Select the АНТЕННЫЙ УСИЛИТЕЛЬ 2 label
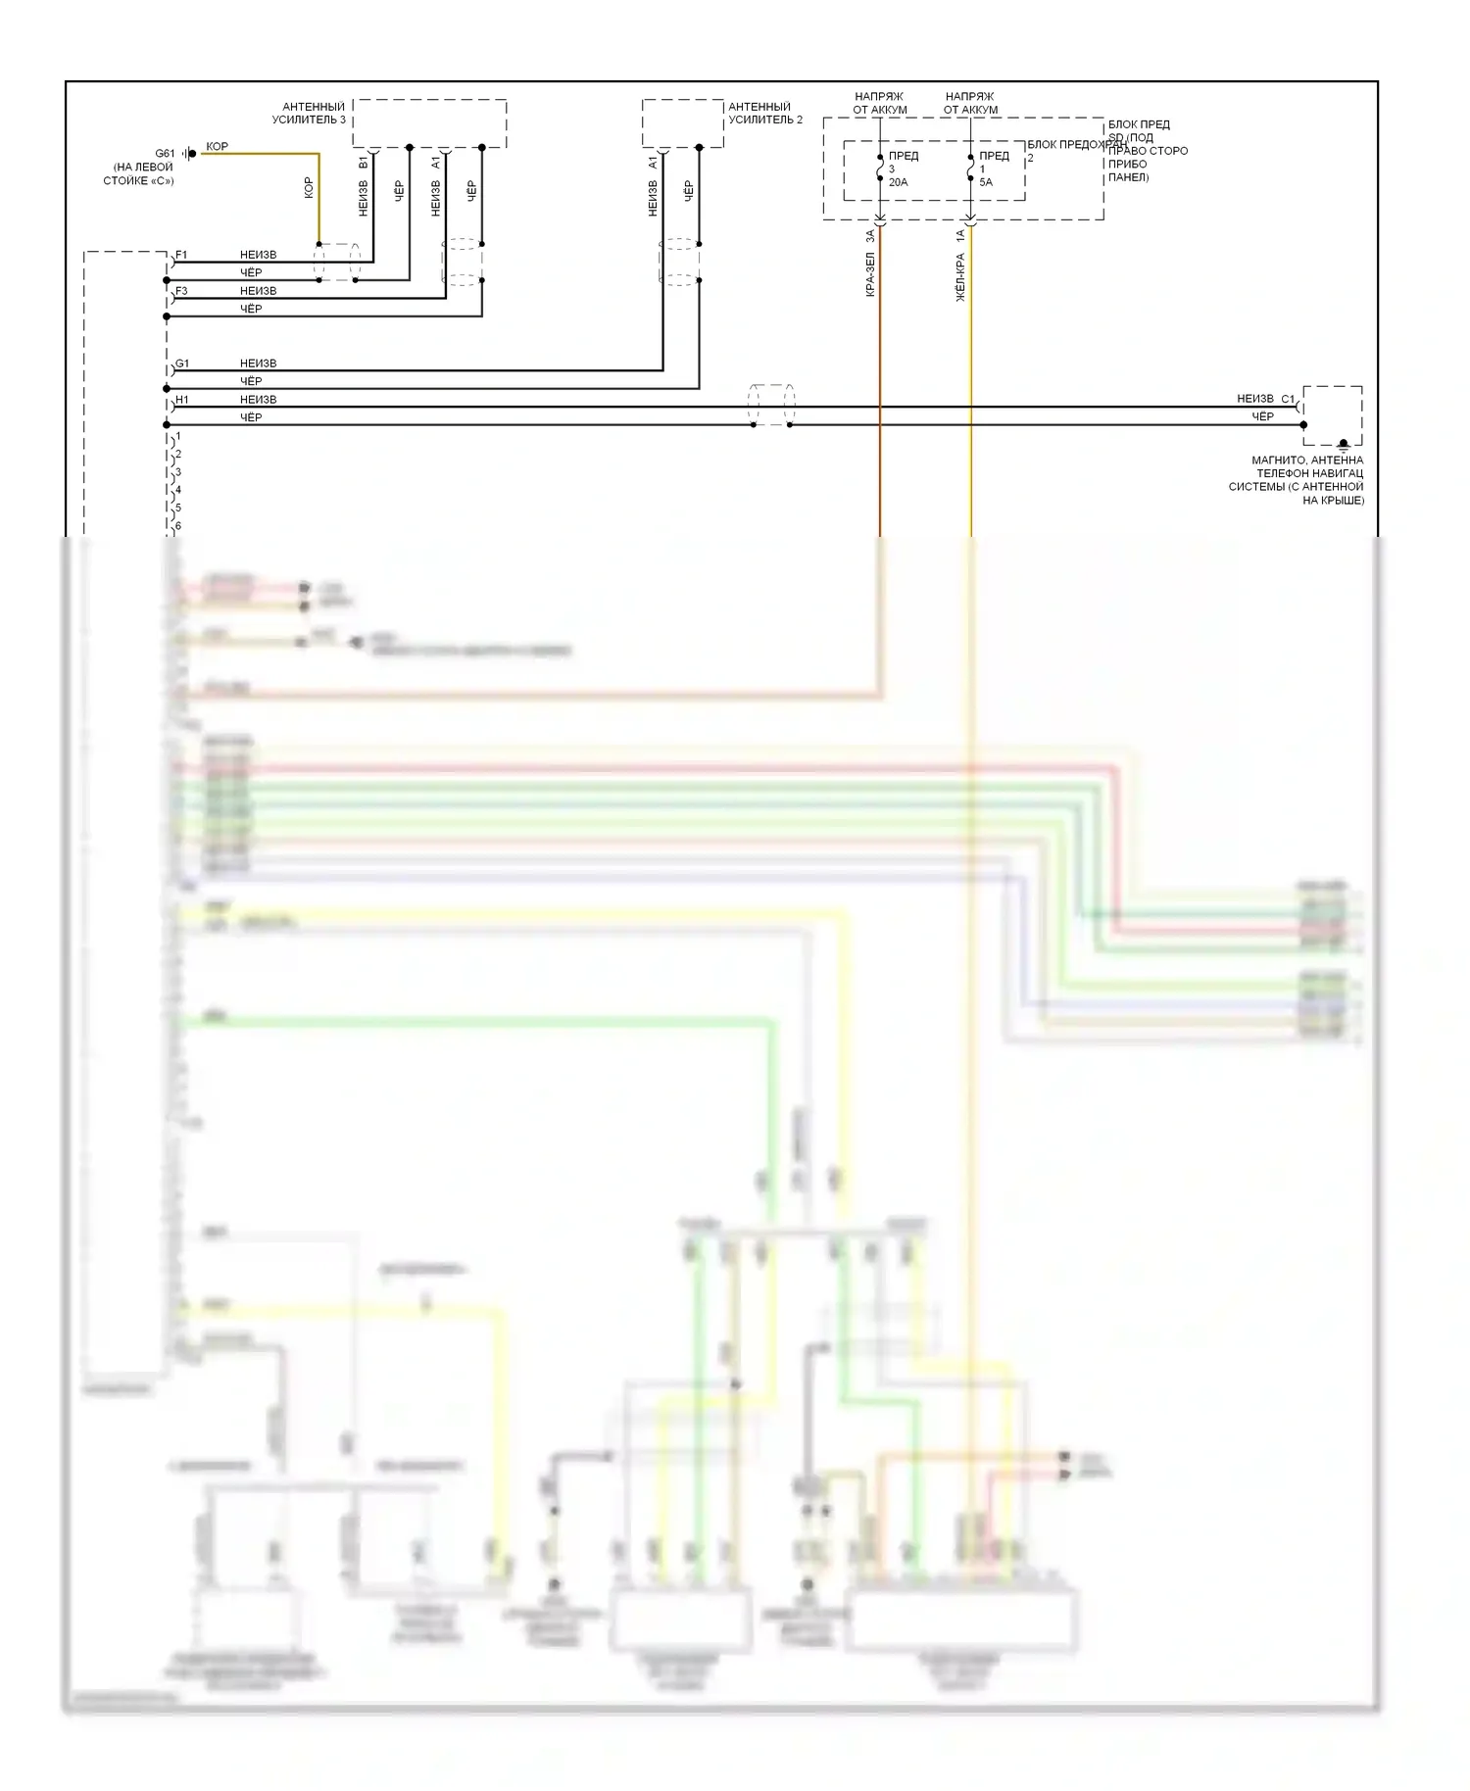[x=764, y=113]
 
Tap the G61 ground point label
[x=165, y=153]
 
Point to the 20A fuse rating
[x=898, y=182]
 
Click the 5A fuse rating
[x=986, y=182]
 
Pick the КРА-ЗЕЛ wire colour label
[x=870, y=274]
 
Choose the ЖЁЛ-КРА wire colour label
[x=960, y=277]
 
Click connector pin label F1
[x=181, y=255]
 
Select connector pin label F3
[x=181, y=291]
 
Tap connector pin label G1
[x=182, y=363]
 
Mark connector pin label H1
[x=182, y=400]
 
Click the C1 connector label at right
[x=1288, y=399]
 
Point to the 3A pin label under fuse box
[x=870, y=236]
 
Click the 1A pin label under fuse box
[x=960, y=235]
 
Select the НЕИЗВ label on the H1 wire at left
[x=258, y=400]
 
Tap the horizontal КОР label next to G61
[x=217, y=146]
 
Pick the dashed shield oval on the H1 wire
[x=771, y=406]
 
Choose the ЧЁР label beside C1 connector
[x=1262, y=416]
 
